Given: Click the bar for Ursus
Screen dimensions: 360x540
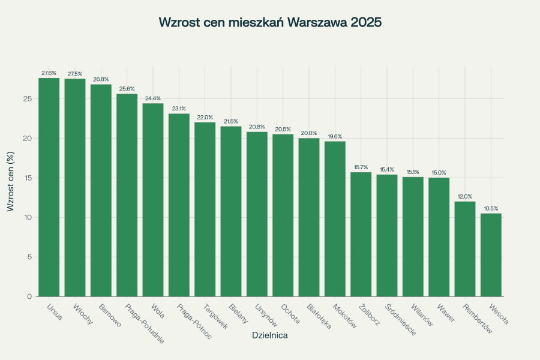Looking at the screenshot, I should tap(49, 187).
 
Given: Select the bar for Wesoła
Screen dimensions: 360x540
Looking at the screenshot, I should tap(491, 255).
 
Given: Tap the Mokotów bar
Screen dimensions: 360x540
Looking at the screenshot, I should tap(335, 219).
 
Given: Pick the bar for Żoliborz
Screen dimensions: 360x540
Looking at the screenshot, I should tap(361, 235).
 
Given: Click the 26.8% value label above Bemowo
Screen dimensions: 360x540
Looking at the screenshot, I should tap(101, 79).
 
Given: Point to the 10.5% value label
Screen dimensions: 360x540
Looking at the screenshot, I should tap(491, 208).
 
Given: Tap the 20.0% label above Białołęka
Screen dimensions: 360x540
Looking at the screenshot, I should tap(309, 133).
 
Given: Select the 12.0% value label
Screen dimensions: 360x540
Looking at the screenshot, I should tap(465, 196).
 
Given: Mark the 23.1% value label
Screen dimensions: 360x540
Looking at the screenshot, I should tap(179, 109).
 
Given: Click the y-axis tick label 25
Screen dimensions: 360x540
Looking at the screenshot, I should tap(27, 98).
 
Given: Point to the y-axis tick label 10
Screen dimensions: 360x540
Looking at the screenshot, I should tap(27, 217).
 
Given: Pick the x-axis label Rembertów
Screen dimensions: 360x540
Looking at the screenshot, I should tap(478, 318).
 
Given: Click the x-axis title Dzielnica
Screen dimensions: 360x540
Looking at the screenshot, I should tap(269, 335).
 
